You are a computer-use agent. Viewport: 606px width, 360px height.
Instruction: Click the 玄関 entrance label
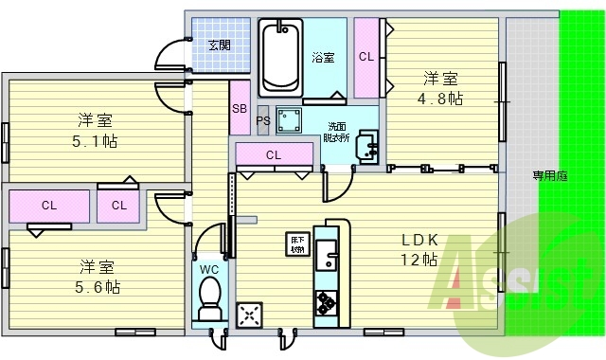220,44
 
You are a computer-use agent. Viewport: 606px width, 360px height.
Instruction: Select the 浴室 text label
322,58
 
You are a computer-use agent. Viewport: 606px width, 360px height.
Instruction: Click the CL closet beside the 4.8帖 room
365,56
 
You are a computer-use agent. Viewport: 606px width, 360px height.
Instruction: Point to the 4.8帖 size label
442,99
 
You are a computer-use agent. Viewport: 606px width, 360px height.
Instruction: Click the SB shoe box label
240,109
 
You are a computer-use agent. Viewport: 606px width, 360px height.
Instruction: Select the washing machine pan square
288,120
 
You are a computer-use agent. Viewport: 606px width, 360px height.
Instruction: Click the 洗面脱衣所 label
338,132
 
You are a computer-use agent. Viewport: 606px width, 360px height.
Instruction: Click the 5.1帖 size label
96,141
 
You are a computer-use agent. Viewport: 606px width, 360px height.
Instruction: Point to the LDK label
419,240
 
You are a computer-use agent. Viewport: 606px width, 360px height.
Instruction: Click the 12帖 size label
419,260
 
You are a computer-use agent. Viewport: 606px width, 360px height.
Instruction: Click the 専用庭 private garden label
549,174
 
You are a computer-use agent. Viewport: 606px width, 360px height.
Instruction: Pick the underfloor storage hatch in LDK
297,244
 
